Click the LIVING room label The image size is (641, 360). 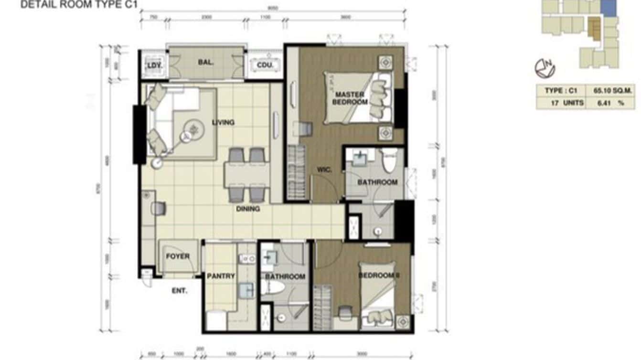[223, 123]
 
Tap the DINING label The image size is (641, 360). [247, 209]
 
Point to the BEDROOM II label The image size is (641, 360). [378, 275]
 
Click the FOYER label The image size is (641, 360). [178, 256]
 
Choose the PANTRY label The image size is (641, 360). [221, 276]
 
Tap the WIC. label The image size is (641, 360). [324, 169]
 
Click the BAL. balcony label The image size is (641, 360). [206, 62]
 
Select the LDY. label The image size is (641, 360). [154, 65]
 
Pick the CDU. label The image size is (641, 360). [265, 65]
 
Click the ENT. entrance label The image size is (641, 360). [180, 290]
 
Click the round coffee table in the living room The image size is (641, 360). [193, 128]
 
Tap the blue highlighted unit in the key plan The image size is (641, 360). [608, 8]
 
